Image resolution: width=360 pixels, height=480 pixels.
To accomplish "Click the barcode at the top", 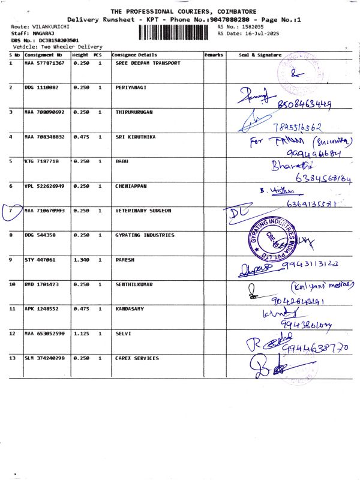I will (x=178, y=34).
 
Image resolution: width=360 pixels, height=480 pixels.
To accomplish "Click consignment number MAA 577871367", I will (x=45, y=63).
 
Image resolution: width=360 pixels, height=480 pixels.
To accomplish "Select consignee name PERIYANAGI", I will (x=130, y=88).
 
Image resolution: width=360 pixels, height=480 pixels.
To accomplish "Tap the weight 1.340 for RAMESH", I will (x=81, y=260).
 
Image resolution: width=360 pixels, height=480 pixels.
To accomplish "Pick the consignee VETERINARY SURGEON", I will (x=143, y=211).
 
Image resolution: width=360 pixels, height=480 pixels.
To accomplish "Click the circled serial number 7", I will (x=11, y=212).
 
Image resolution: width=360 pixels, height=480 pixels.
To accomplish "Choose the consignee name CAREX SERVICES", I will (x=137, y=358).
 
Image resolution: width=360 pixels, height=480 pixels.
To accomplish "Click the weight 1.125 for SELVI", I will (x=81, y=334).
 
